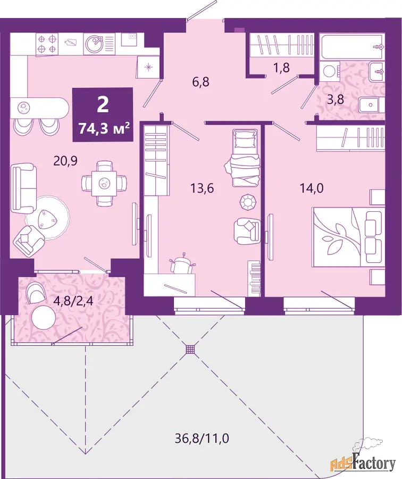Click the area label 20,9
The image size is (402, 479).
point(65,160)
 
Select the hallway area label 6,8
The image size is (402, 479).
point(201,82)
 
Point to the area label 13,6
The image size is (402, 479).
point(202,188)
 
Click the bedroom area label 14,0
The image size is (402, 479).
point(312,188)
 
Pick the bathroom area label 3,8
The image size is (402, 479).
point(336,100)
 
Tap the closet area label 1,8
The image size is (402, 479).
point(281,68)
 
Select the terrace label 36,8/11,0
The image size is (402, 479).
point(202,439)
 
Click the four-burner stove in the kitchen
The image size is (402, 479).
point(47,45)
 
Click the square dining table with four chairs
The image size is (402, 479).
point(104,183)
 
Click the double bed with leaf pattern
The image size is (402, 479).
point(348,237)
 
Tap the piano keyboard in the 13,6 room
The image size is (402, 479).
point(255,278)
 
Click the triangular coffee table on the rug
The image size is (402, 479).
point(46,218)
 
